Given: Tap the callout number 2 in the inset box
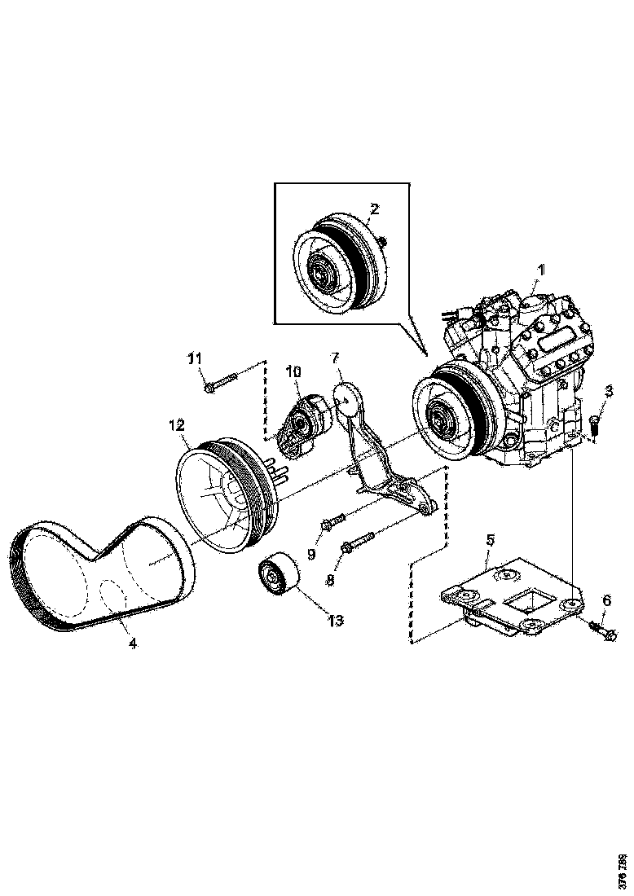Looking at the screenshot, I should pos(373,209).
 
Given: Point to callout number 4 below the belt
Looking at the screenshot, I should pos(132,643).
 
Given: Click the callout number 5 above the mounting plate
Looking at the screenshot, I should pos(491,539).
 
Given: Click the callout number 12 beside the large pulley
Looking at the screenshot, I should pos(177,424).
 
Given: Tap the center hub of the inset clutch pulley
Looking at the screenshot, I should pos(319,272).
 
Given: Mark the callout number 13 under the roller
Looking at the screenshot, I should pos(335,620).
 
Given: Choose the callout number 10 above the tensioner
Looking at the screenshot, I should pos(293,372).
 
